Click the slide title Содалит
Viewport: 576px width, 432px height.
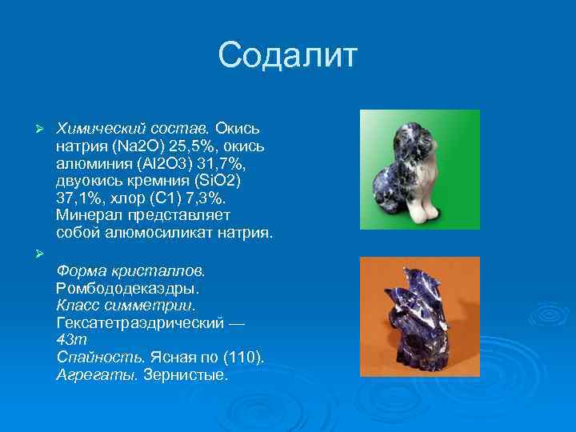point(288,56)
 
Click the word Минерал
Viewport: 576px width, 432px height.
point(88,216)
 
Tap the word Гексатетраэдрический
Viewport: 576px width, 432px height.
point(142,322)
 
